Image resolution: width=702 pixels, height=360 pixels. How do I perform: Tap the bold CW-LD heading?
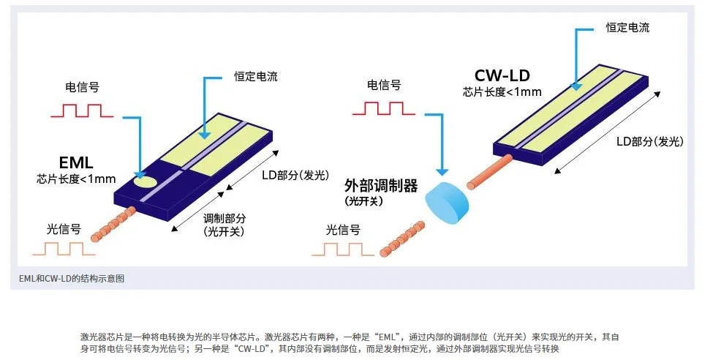click(502, 75)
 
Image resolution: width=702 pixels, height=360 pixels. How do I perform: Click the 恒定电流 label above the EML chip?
click(256, 76)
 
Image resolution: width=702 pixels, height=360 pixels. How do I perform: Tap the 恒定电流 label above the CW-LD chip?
click(627, 28)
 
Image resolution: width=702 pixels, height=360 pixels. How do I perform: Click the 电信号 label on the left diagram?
click(83, 87)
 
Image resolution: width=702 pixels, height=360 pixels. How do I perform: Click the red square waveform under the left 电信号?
click(81, 110)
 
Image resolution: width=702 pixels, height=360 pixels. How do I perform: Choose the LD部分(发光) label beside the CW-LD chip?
click(652, 140)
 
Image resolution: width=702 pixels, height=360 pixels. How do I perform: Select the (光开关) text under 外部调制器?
click(364, 200)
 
